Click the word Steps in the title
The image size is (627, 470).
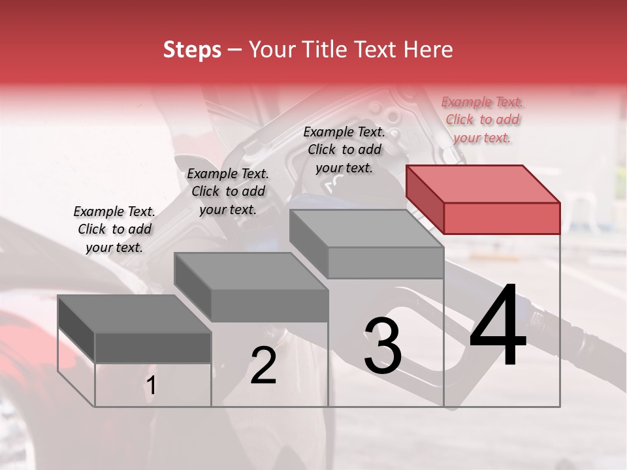click(192, 50)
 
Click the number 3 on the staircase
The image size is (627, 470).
click(383, 346)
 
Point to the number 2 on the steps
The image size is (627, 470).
click(264, 366)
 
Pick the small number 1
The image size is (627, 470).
click(151, 386)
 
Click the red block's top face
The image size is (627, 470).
click(483, 183)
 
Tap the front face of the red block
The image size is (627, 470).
click(502, 218)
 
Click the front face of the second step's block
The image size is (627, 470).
click(270, 305)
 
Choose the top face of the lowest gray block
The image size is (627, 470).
click(135, 313)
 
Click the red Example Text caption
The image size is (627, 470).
click(483, 119)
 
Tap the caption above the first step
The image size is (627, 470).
click(114, 229)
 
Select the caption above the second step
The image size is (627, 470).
click(228, 191)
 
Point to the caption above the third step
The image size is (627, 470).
click(344, 149)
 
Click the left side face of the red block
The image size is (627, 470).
click(425, 198)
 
